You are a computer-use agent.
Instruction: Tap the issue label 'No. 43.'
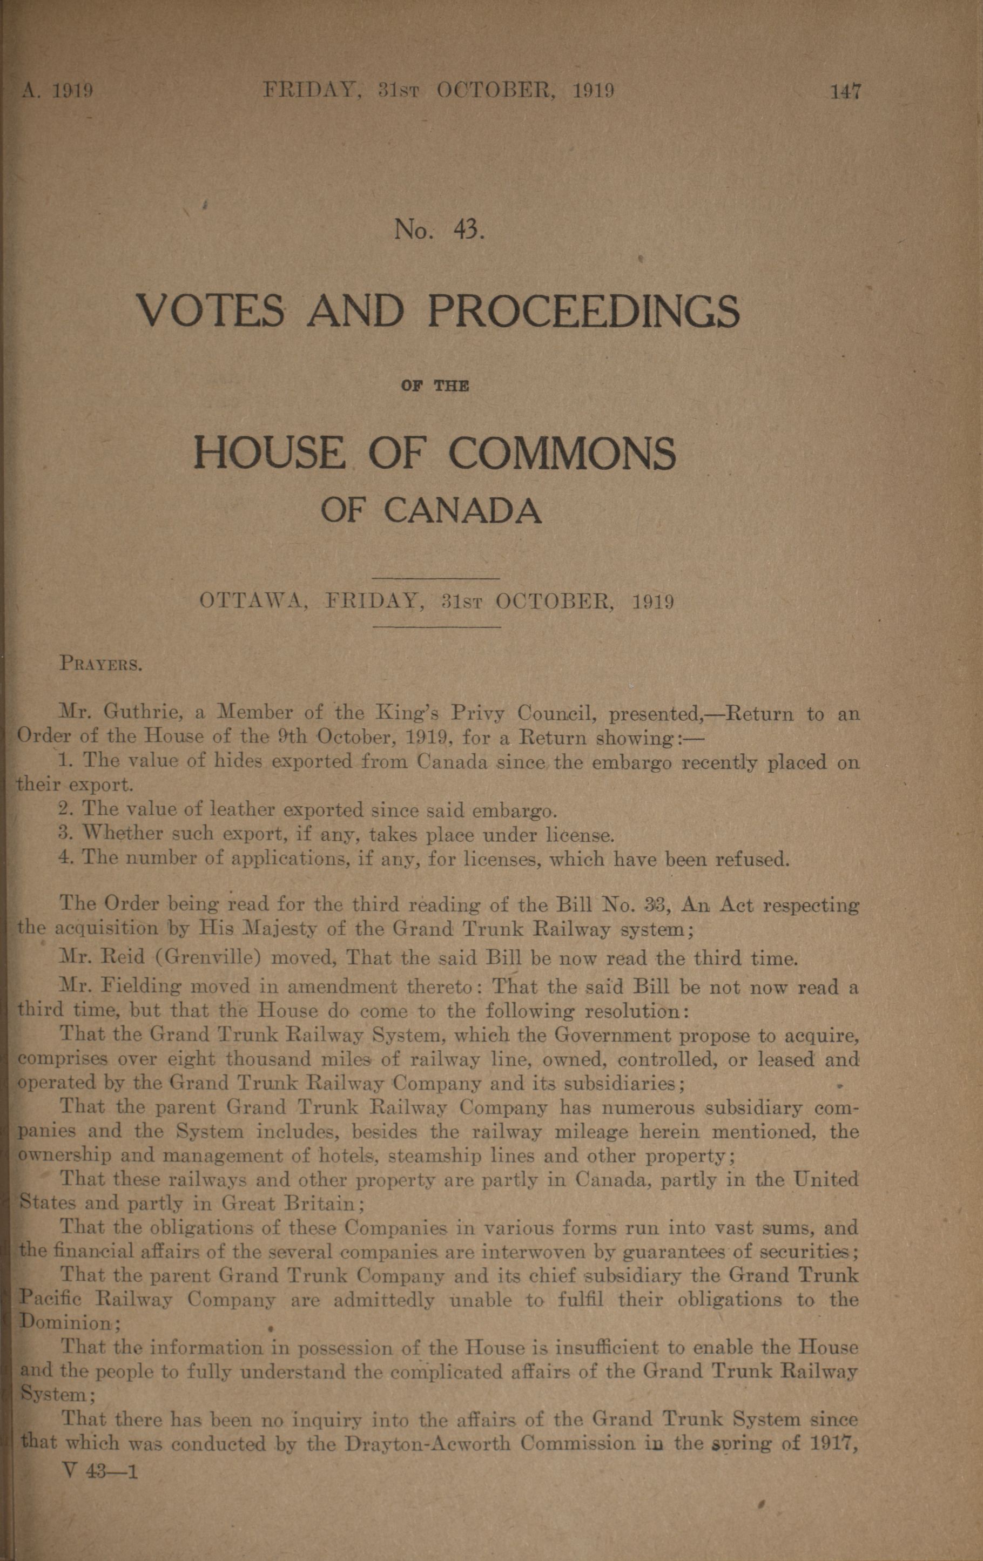440,229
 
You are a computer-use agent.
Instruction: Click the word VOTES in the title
210,311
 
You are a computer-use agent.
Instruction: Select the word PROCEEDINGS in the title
583,311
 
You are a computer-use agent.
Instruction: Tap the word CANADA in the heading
462,510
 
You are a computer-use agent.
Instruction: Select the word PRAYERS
101,665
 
